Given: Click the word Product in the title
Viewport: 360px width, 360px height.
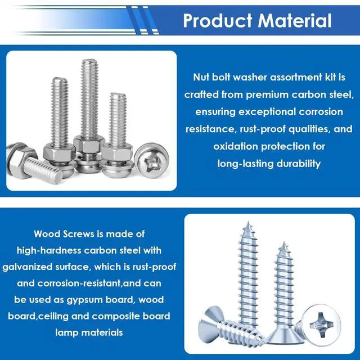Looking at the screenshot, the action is pos(218,21).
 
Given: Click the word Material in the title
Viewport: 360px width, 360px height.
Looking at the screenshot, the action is pos(295,21).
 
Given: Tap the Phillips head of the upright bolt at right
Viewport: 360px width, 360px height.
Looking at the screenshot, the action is pos(151,160).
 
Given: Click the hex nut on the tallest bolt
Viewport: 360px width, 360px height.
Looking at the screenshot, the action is pos(89,144).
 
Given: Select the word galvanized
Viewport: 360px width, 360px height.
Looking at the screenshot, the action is pos(28,267).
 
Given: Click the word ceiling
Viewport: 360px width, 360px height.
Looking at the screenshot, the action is pos(53,316).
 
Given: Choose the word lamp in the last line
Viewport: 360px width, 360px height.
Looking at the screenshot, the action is pos(66,333).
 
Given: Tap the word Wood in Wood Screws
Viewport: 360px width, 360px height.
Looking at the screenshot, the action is pos(47,234).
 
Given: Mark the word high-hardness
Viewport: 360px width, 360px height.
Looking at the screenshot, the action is pos(49,250).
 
